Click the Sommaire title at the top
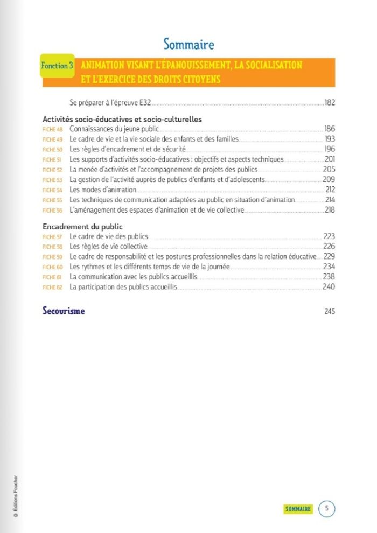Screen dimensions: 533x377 point(188,44)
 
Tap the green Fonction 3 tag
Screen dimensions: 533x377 point(57,66)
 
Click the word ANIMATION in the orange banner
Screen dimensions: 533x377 point(103,65)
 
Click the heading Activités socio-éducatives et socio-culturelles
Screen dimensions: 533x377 point(122,120)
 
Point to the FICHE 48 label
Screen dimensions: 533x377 point(53,130)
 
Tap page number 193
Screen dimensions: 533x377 point(330,139)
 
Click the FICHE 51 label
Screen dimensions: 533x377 point(53,160)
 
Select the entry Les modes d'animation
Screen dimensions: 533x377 point(103,190)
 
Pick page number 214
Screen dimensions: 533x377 point(330,200)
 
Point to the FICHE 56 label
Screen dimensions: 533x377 point(53,211)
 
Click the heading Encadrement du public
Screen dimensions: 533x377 point(82,227)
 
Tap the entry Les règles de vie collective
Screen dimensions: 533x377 point(108,247)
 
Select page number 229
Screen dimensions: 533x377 point(330,257)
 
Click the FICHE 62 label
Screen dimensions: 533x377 point(53,287)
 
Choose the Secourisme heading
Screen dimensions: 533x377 point(64,311)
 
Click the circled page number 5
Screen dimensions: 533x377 point(326,508)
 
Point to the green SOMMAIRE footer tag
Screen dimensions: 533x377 point(298,509)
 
